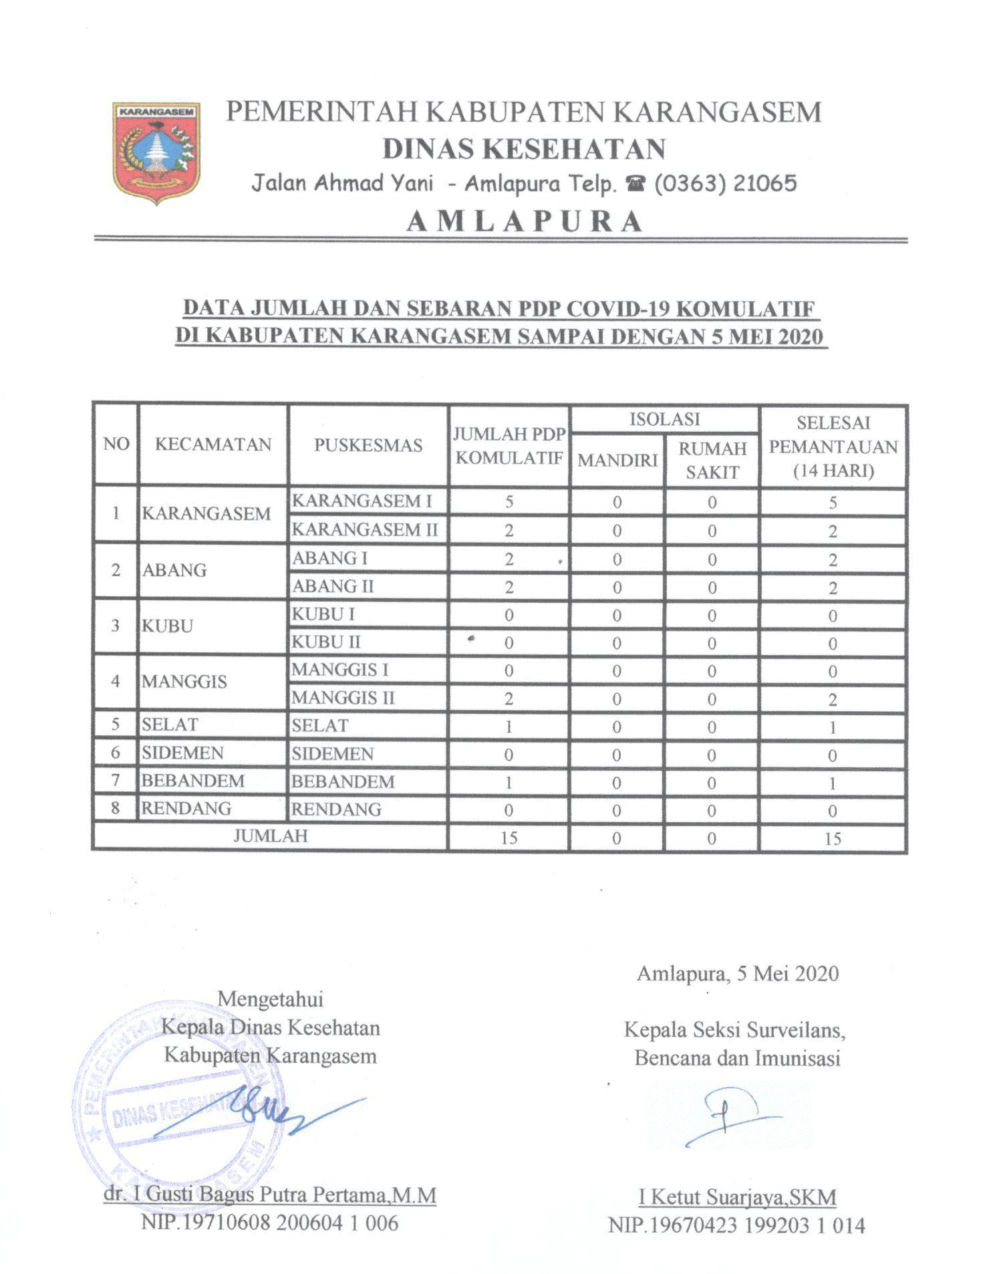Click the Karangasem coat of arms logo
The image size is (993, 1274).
156,152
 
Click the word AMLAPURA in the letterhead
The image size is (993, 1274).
525,221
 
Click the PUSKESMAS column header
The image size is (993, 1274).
368,445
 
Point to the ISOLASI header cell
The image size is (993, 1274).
664,420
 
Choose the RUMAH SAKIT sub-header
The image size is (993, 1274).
712,460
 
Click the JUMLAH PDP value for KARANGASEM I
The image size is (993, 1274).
509,501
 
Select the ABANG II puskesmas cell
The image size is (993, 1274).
333,586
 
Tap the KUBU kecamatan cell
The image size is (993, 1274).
168,626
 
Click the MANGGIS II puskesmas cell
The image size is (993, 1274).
343,698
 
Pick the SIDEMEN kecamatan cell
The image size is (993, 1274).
182,753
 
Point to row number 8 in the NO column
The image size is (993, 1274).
116,808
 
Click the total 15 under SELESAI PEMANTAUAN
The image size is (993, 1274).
832,838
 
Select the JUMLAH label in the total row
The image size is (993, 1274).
271,836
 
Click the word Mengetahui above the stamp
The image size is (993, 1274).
271,999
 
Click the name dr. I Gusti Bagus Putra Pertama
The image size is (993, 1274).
270,1194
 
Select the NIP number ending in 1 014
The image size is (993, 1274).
736,1225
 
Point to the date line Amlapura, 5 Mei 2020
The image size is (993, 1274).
737,973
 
